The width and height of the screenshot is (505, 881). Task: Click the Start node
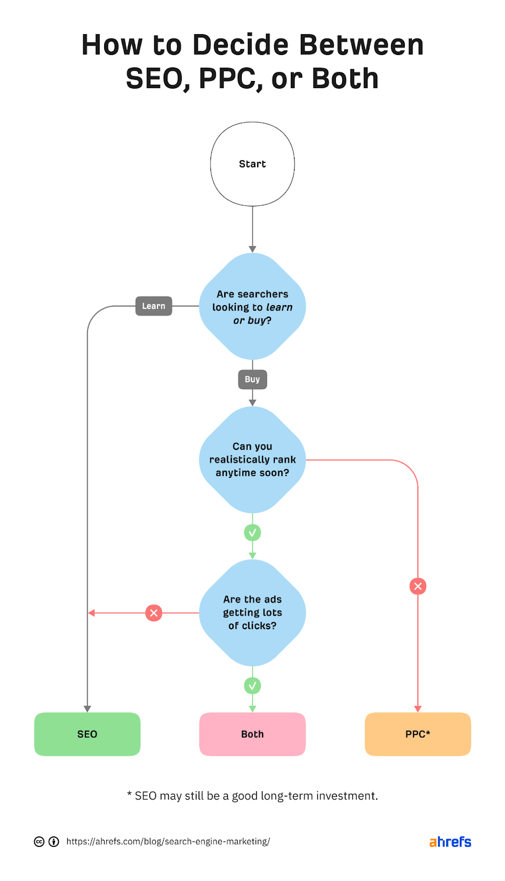click(x=252, y=164)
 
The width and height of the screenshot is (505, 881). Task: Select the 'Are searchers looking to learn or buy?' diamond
click(x=252, y=307)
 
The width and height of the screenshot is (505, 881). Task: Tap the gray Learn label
click(x=154, y=306)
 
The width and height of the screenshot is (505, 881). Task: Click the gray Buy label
click(x=252, y=379)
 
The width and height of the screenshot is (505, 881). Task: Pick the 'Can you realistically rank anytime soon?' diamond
click(x=252, y=460)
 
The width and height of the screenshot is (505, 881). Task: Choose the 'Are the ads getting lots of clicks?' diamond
click(x=252, y=613)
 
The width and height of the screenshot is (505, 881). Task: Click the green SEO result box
click(x=87, y=734)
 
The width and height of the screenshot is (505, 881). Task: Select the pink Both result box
click(x=252, y=734)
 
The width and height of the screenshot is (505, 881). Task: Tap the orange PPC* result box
click(x=417, y=734)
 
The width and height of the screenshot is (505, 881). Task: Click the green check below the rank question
click(x=252, y=532)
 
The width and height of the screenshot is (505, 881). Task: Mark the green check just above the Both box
click(x=252, y=686)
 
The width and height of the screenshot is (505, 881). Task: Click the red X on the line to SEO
click(x=154, y=613)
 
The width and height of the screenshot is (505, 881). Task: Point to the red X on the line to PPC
click(x=418, y=586)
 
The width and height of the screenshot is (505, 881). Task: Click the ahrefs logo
click(x=450, y=841)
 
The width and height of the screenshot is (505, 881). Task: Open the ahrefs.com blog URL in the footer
click(x=168, y=841)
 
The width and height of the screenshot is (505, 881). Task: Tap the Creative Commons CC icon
click(x=39, y=841)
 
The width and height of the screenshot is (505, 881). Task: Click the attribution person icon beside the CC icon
click(x=54, y=841)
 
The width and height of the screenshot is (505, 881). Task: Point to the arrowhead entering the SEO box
click(x=87, y=709)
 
